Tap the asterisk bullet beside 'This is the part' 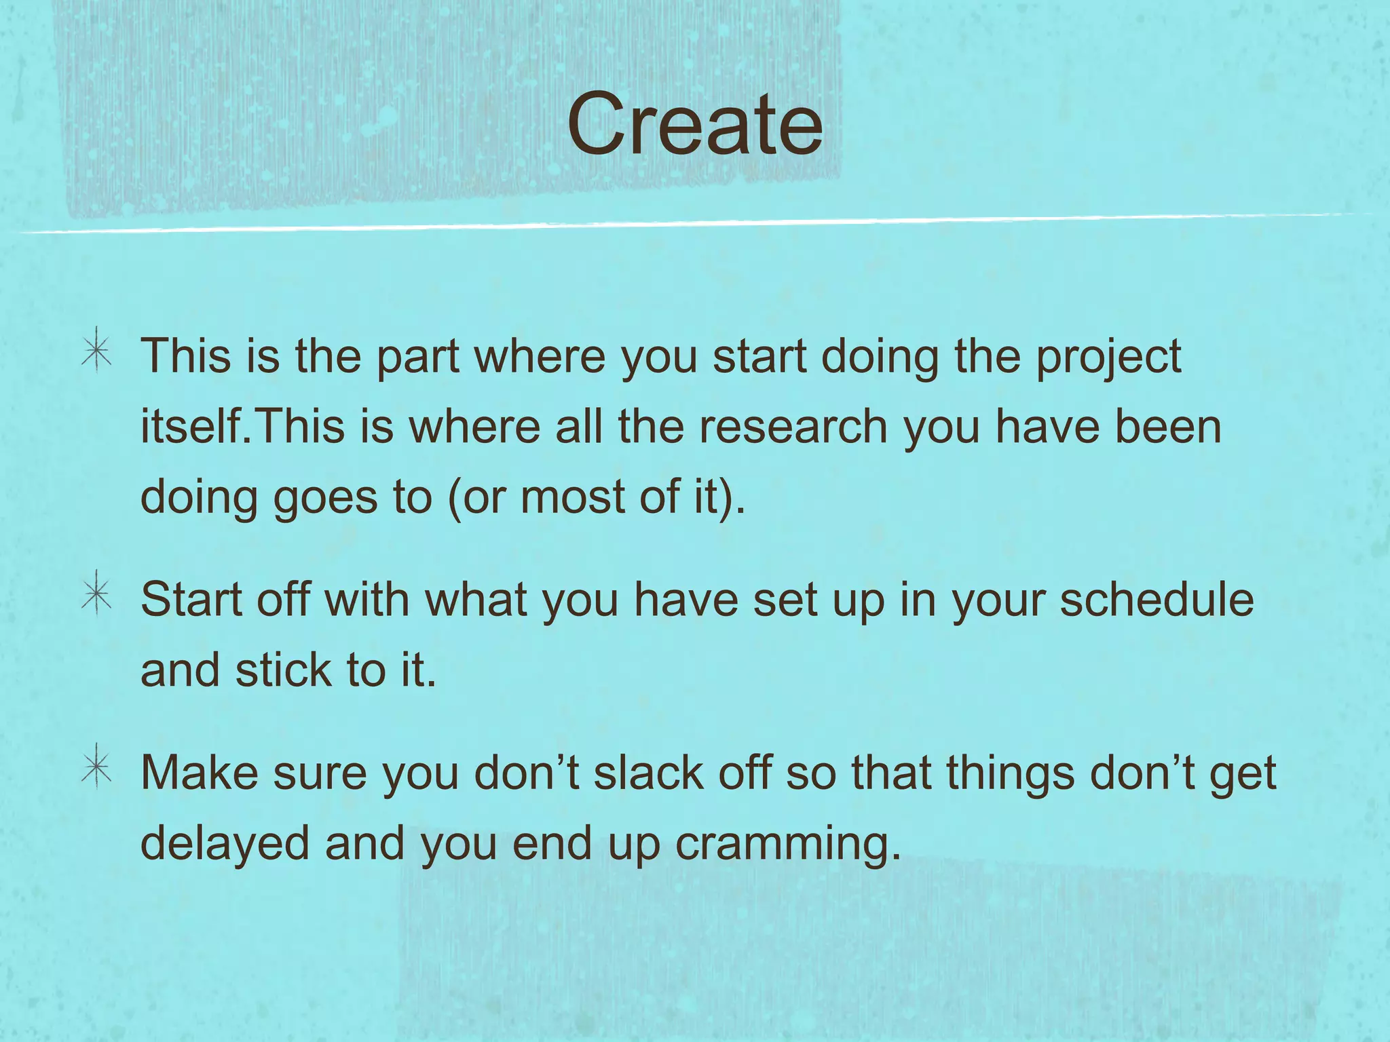(97, 351)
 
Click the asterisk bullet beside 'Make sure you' (97, 767)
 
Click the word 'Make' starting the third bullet (199, 773)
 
